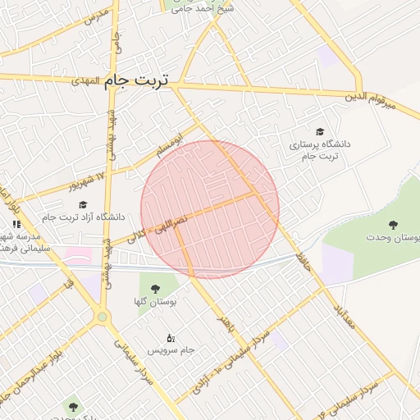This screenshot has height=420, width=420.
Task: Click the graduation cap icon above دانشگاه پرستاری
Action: coord(319,131)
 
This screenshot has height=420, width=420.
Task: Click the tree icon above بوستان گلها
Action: coord(156,288)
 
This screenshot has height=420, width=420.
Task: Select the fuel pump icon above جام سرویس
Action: coord(171,337)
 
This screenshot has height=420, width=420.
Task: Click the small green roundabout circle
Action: coord(103,316)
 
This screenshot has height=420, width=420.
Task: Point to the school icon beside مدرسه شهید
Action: coord(16,224)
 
